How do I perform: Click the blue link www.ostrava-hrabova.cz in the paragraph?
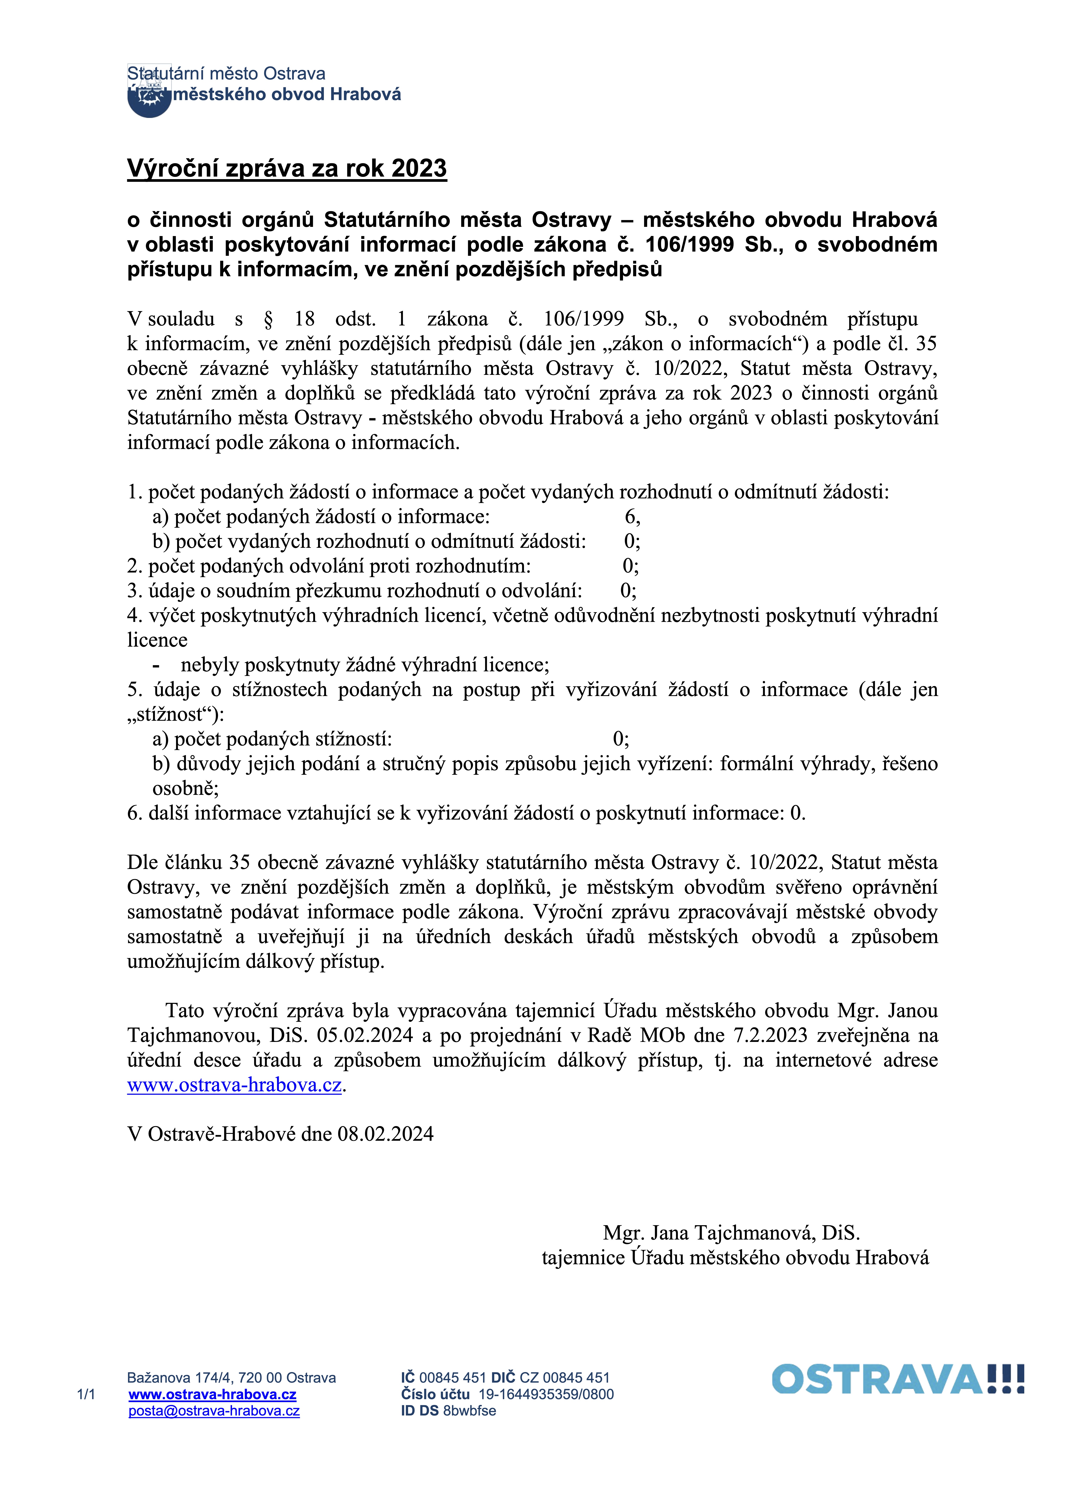pyautogui.click(x=234, y=1085)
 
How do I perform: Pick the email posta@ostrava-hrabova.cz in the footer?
pyautogui.click(x=214, y=1411)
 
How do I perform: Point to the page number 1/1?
pyautogui.click(x=86, y=1395)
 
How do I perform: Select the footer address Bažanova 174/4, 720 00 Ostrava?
pyautogui.click(x=231, y=1378)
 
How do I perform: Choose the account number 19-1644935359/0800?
pyautogui.click(x=546, y=1395)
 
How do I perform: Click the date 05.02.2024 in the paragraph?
pyautogui.click(x=365, y=1036)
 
